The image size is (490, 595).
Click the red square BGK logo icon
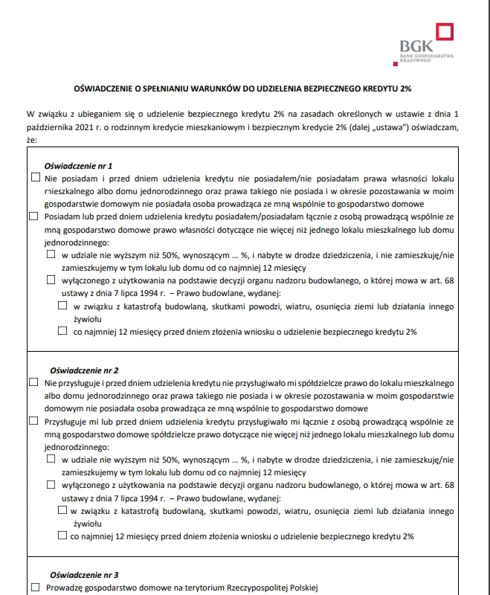(x=445, y=33)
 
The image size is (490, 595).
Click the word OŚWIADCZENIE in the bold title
(x=107, y=88)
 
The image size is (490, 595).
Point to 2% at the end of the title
(x=405, y=88)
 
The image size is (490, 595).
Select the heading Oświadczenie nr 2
(x=84, y=370)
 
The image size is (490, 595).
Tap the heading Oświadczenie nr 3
(x=84, y=575)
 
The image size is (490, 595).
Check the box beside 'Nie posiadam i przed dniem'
(x=36, y=178)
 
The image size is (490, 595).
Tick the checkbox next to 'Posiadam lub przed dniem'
(x=33, y=216)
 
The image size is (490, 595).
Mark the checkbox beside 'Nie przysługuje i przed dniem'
(x=33, y=382)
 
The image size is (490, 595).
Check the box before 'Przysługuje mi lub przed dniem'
(x=33, y=420)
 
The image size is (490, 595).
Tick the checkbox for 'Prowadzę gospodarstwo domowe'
(x=36, y=588)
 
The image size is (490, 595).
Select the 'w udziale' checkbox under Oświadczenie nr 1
(x=51, y=254)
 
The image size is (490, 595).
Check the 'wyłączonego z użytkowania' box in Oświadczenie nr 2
(x=51, y=484)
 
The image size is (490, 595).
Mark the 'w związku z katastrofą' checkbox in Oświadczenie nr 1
(x=62, y=305)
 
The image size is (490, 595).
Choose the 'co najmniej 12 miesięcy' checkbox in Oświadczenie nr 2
(x=62, y=535)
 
